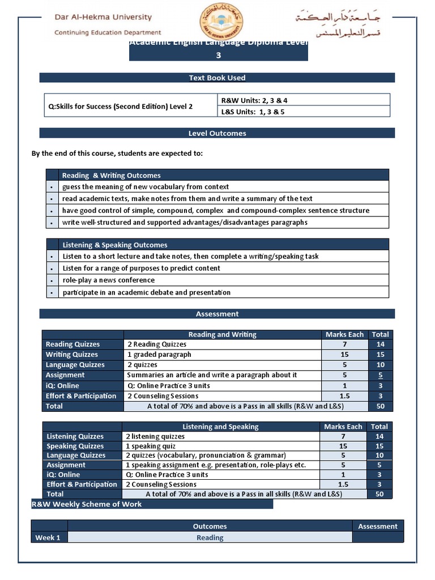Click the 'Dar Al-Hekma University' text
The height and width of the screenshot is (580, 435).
(103, 18)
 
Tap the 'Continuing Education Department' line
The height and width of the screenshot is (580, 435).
(108, 33)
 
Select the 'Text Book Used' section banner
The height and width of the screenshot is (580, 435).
(217, 78)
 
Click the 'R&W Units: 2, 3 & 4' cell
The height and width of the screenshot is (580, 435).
(254, 100)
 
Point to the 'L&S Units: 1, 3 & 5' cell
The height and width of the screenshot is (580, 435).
(253, 112)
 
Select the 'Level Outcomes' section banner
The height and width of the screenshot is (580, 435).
(217, 133)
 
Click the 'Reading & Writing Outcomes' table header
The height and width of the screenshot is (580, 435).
(112, 176)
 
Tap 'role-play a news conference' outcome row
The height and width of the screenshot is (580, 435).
(108, 280)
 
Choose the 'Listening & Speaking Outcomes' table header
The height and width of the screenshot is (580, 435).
(115, 245)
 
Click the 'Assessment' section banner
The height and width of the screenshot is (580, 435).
(217, 314)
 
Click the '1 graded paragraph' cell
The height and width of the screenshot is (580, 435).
(159, 355)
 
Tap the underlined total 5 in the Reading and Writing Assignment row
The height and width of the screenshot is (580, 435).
(380, 375)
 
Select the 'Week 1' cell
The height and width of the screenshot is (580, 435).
(48, 538)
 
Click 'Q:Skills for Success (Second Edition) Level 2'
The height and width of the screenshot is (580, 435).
(121, 106)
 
